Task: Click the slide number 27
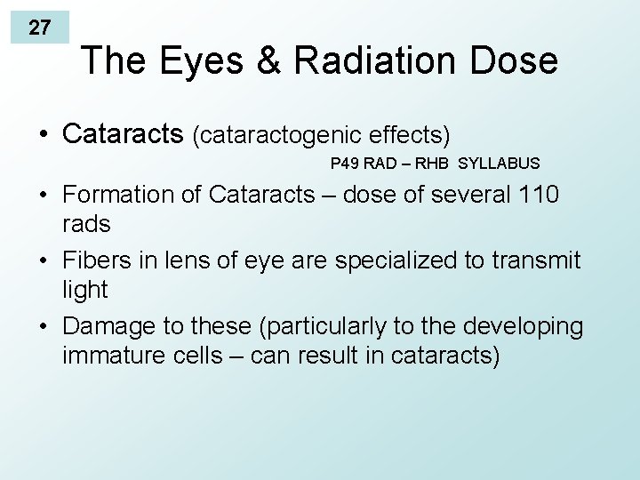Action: [39, 28]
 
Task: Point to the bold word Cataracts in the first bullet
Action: [124, 134]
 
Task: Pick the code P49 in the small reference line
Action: [344, 164]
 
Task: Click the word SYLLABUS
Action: [499, 164]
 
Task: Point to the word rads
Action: [86, 224]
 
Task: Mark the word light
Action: [84, 290]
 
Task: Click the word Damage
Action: [107, 326]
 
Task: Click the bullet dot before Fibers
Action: [44, 261]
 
